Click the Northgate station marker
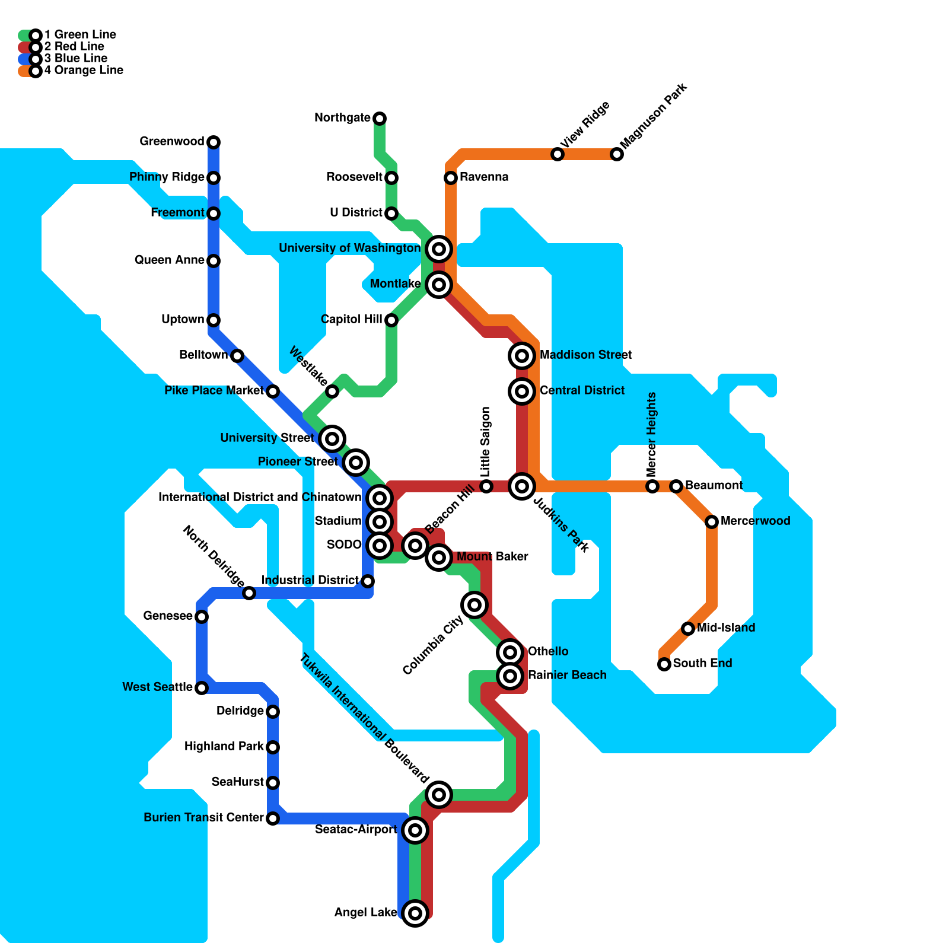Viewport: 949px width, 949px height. coord(380,119)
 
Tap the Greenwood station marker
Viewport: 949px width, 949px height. coord(214,142)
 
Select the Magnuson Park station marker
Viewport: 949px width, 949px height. coord(617,154)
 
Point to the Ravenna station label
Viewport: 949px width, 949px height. coord(483,177)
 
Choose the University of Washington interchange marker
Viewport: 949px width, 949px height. coord(439,249)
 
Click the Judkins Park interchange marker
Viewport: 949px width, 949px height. coord(522,486)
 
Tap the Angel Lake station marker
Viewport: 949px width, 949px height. coord(415,913)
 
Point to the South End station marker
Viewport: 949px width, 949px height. coord(664,664)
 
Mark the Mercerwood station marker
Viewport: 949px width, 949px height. coord(712,522)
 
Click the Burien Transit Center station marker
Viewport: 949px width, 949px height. coord(273,819)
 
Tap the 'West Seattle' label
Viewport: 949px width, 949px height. coord(157,687)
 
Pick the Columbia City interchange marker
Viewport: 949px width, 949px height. coord(474,605)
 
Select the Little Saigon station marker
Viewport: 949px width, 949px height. coord(486,486)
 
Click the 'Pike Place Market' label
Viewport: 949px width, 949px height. coord(214,391)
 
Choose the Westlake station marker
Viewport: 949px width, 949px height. coord(332,391)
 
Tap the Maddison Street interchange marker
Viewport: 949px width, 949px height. coord(522,356)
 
